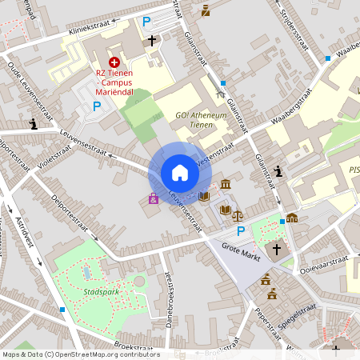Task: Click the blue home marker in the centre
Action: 180,172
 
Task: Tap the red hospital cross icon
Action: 114,62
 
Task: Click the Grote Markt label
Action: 242,246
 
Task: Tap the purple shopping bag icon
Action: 153,198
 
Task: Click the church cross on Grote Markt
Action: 277,250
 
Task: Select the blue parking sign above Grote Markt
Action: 240,230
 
